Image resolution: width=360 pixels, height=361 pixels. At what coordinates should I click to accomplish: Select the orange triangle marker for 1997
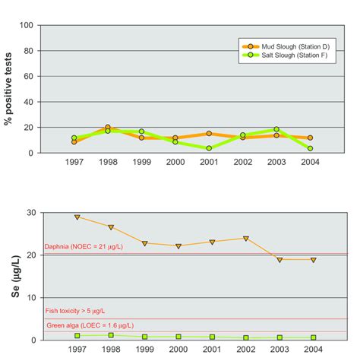[x=76, y=217]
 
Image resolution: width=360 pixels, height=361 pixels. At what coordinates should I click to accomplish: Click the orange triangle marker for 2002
[x=245, y=238]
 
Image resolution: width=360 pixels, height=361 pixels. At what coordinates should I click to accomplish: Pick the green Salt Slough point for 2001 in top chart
[x=210, y=148]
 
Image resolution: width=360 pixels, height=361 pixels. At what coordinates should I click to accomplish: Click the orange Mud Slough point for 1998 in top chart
[x=108, y=128]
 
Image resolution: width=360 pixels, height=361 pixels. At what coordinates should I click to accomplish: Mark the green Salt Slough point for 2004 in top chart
[x=310, y=148]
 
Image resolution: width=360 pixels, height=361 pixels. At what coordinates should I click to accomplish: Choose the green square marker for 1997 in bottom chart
[x=76, y=335]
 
